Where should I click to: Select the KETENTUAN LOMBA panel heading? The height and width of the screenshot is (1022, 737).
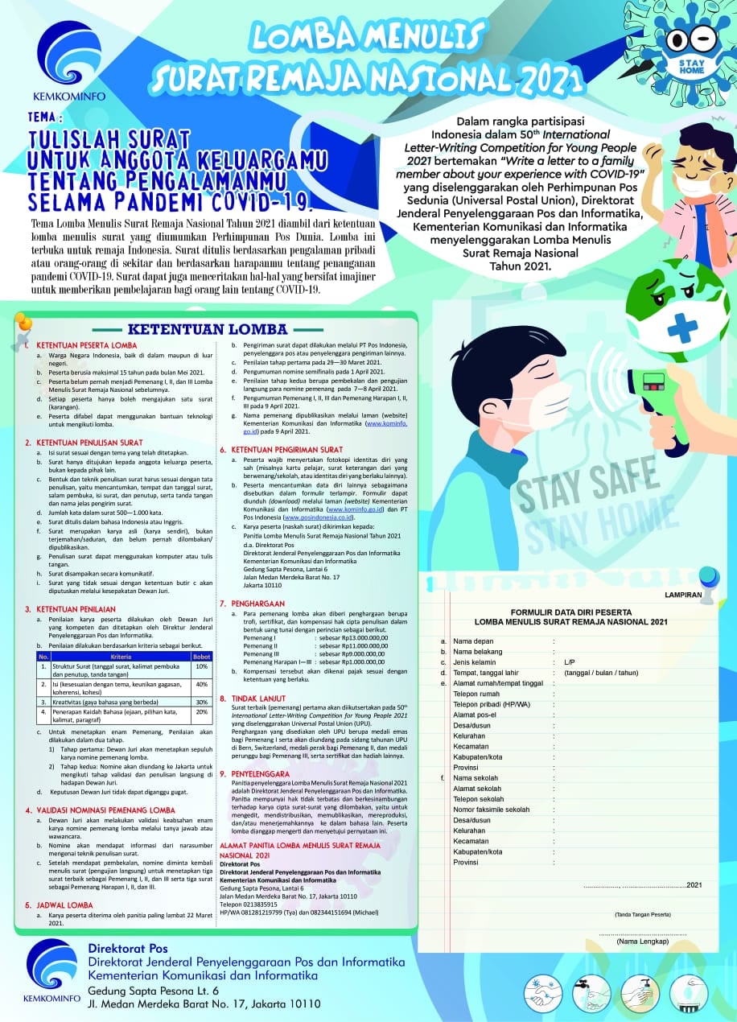click(208, 328)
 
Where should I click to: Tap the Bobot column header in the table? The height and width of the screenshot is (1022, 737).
click(201, 657)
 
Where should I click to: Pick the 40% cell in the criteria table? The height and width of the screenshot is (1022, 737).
click(201, 683)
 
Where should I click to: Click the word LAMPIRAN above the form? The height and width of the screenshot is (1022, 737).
click(683, 595)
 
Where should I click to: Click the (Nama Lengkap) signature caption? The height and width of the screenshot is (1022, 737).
click(642, 941)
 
